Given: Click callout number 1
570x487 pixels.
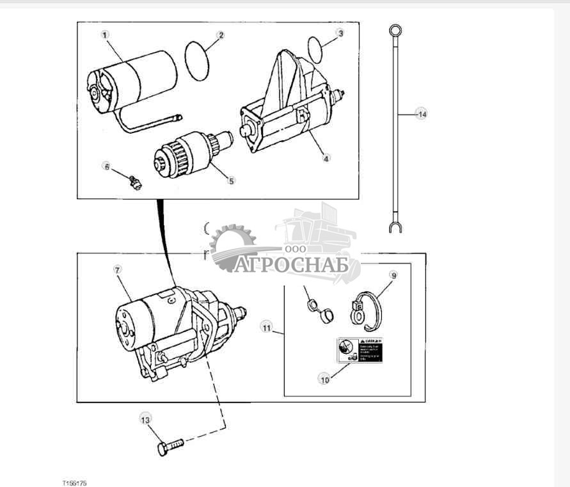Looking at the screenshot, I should tap(105, 35).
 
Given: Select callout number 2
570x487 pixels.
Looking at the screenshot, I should tap(220, 35).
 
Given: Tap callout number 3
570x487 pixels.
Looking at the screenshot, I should tap(340, 33).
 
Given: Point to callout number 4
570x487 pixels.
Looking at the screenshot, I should tap(326, 158).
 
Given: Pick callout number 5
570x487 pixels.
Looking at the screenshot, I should tap(231, 180).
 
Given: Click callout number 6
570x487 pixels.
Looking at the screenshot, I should tap(107, 166).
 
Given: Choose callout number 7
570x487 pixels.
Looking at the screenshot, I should tap(117, 269).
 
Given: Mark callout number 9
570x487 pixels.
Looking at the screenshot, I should tap(393, 276).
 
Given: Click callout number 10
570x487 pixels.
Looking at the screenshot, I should tap(324, 379).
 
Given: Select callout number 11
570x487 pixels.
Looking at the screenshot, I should tap(265, 327).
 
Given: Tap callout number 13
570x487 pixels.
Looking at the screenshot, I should tap(145, 420).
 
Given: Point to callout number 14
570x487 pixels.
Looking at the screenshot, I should tap(420, 114).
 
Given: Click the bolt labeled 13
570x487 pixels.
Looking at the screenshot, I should tap(170, 445).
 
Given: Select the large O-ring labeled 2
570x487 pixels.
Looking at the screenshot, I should tap(197, 61).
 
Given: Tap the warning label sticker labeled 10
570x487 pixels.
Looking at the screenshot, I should tap(360, 351).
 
